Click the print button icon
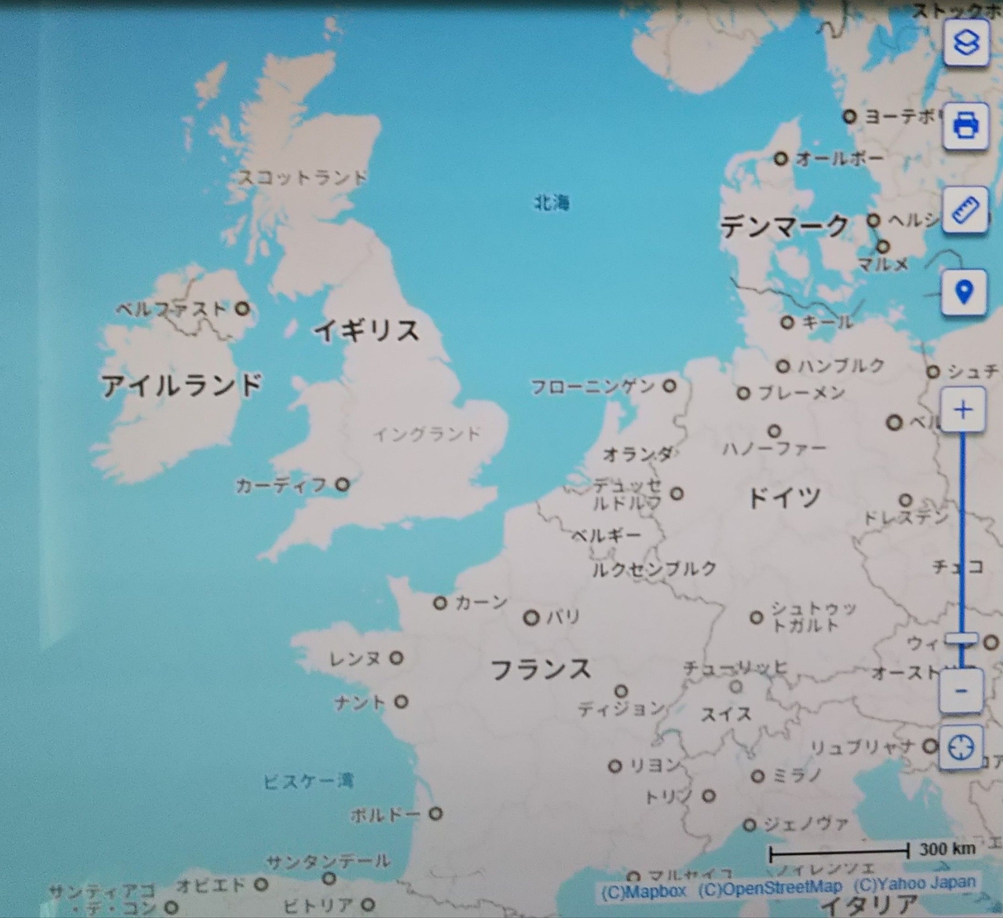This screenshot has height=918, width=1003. tap(965, 126)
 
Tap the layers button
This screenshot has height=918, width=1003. tap(965, 43)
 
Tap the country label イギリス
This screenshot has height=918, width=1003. tap(367, 330)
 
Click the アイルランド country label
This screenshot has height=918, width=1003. tap(182, 385)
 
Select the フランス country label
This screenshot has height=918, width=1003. tap(541, 669)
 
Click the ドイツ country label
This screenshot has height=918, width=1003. tap(784, 498)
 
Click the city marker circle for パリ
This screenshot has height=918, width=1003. tap(531, 618)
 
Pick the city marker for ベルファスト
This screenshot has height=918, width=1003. tap(243, 308)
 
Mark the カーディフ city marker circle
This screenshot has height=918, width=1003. tap(342, 484)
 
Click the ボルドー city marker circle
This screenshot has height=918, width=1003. tap(436, 814)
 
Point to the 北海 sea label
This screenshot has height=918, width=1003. tap(551, 203)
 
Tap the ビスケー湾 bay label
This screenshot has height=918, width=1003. tap(308, 782)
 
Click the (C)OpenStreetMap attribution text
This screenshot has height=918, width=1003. tap(770, 887)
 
